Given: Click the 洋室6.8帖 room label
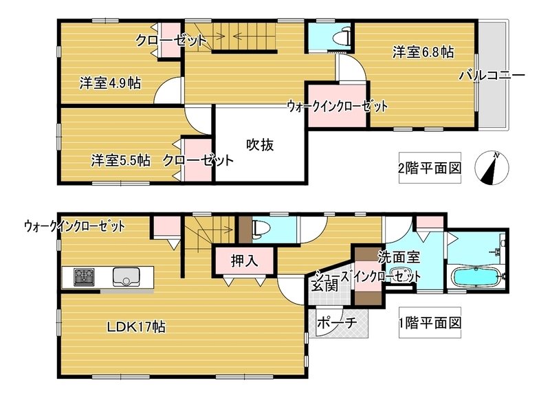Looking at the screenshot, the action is tap(423, 53).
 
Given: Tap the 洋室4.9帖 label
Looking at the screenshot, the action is tap(110, 83).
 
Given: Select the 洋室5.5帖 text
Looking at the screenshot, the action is tap(121, 161).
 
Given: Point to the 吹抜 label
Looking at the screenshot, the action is tap(260, 144).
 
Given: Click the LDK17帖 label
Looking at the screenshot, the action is tap(136, 327).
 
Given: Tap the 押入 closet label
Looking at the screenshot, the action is tap(244, 261).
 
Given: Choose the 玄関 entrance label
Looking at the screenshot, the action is tap(324, 286).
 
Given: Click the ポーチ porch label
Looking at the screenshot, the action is tap(337, 322).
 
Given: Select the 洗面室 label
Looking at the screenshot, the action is tap(399, 257).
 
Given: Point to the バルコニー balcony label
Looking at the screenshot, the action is tap(492, 76).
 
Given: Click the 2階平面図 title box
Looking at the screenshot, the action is tap(430, 168).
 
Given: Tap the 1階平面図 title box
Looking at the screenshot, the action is tap(430, 322).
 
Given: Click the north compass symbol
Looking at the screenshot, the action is tap(492, 168).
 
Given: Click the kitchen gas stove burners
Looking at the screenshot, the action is tap(84, 276).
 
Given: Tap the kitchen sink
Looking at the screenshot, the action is tap(126, 276).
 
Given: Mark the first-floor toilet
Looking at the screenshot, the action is tap(262, 229).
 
